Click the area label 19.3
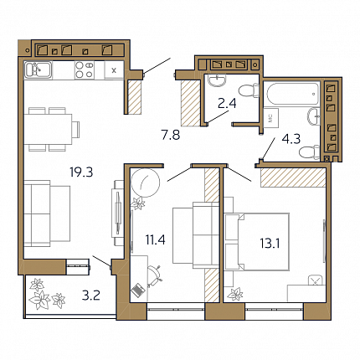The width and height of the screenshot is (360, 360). pyautogui.click(x=81, y=172)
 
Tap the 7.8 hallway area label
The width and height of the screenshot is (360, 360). pyautogui.click(x=171, y=135)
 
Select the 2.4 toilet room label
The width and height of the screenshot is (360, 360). pyautogui.click(x=227, y=104)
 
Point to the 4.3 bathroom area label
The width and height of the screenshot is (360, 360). pyautogui.click(x=291, y=139)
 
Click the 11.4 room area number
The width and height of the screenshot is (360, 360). pyautogui.click(x=155, y=239)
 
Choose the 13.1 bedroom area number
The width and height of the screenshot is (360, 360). pyautogui.click(x=270, y=244)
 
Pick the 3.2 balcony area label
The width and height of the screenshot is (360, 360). pyautogui.click(x=91, y=296)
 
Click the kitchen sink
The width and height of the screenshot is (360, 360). pyautogui.click(x=39, y=69)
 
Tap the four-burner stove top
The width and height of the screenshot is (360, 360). pyautogui.click(x=85, y=69)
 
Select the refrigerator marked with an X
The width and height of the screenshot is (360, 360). pyautogui.click(x=114, y=69)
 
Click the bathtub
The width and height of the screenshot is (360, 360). pyautogui.click(x=293, y=94)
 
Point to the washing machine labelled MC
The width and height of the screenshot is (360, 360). pyautogui.click(x=270, y=118)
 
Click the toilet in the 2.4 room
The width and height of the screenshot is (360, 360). pyautogui.click(x=249, y=91)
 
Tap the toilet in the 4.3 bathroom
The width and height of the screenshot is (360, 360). pyautogui.click(x=309, y=152)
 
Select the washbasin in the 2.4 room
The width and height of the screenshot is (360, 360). pyautogui.click(x=218, y=80)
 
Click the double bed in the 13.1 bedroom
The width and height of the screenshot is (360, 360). pyautogui.click(x=257, y=242)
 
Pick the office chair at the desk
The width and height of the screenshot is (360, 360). pyautogui.click(x=155, y=275)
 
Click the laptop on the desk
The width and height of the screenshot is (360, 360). pyautogui.click(x=138, y=291)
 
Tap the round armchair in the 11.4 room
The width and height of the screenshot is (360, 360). pyautogui.click(x=146, y=183)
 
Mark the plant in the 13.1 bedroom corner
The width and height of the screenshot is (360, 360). pyautogui.click(x=235, y=294)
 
